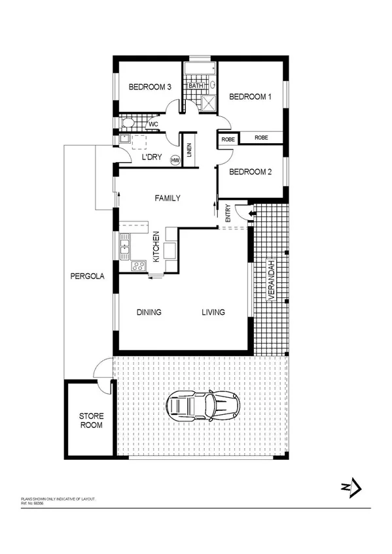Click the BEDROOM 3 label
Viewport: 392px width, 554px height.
(x=150, y=87)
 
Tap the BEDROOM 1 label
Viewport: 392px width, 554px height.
(x=250, y=97)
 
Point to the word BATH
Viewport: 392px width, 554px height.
(x=197, y=86)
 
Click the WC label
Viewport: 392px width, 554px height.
(x=153, y=124)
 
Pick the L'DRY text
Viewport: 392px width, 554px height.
(x=152, y=157)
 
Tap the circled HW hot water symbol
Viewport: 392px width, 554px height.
(x=175, y=159)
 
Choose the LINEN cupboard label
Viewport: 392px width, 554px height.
(x=190, y=151)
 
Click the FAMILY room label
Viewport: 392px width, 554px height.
(x=168, y=198)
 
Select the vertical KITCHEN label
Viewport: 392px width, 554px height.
(x=156, y=247)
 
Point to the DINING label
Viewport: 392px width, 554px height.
(x=149, y=312)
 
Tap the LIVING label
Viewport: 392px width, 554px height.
(x=213, y=312)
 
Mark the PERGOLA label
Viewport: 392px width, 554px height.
(x=88, y=276)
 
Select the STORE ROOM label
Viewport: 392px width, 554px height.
(x=91, y=420)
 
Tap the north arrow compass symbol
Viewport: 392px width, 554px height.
(x=353, y=486)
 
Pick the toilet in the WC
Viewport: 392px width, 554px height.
(x=128, y=123)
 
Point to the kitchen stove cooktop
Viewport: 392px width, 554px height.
(x=138, y=265)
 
